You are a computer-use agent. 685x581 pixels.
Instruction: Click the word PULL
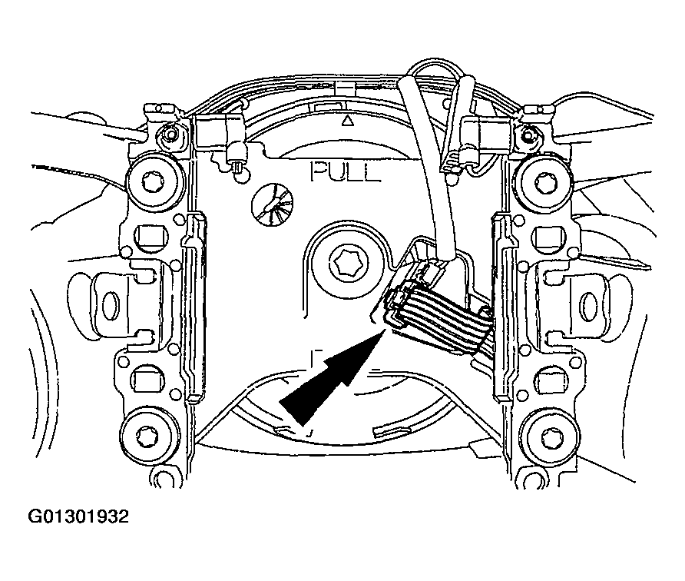[345, 172]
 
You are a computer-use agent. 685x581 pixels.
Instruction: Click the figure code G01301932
[78, 516]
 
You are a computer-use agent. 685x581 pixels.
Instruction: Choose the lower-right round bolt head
[549, 436]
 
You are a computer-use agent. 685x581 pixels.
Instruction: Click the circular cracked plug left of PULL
[272, 204]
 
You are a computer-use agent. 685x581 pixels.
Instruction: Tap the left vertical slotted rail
[194, 306]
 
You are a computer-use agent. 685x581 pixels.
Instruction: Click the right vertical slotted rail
[502, 306]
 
